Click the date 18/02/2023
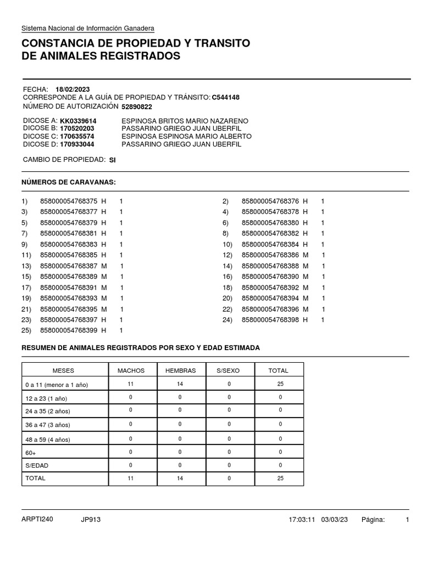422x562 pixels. (x=73, y=89)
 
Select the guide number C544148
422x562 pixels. (x=225, y=98)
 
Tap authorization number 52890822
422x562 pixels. (x=137, y=106)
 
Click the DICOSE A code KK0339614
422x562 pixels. (x=78, y=121)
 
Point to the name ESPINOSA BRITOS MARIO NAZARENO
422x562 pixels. (x=185, y=121)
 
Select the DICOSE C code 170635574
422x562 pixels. (x=77, y=136)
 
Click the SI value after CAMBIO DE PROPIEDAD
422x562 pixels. (x=113, y=160)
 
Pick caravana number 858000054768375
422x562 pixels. (x=69, y=201)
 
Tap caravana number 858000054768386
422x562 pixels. (x=270, y=255)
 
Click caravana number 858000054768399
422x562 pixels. (x=69, y=330)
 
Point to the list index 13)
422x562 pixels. (x=26, y=266)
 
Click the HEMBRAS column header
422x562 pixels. (x=181, y=371)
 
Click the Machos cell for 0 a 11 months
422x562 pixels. (x=131, y=384)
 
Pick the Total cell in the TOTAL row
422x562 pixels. (x=280, y=479)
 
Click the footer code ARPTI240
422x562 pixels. (x=37, y=519)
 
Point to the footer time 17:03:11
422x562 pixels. (x=302, y=520)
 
